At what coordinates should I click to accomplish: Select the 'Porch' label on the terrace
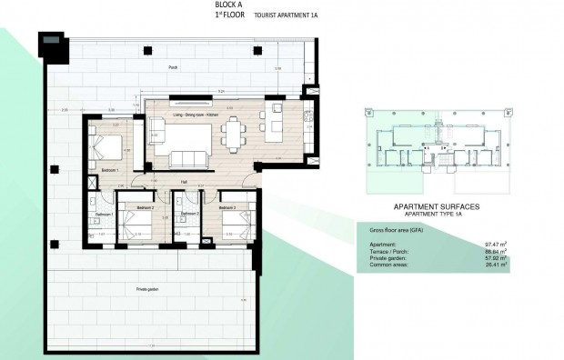point(172,68)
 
